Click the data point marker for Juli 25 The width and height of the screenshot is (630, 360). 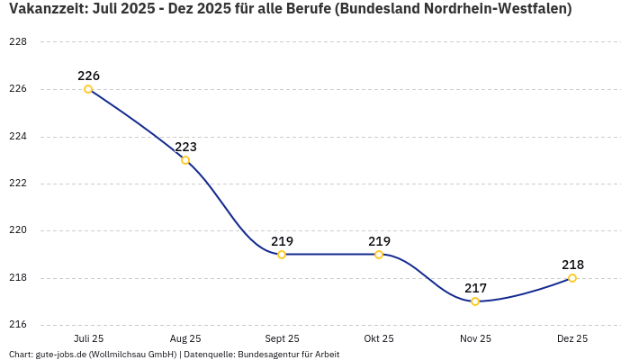coord(88,89)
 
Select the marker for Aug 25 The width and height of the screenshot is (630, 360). coord(185,160)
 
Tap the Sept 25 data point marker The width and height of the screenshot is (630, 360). coord(282,255)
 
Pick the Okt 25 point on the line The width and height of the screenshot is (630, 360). coord(379,255)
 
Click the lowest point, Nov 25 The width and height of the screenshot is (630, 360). coord(475,301)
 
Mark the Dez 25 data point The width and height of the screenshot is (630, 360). coord(572,278)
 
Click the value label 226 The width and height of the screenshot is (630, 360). coord(88,76)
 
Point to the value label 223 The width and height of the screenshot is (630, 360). coord(185,147)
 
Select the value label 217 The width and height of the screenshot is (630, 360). coord(475,288)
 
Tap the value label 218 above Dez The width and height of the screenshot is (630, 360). coord(572,265)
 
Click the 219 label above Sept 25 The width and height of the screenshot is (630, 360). coord(282,241)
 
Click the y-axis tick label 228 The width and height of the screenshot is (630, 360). coord(18,42)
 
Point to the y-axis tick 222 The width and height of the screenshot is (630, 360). coord(18,184)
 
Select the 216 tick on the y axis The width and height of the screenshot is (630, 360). coord(18,325)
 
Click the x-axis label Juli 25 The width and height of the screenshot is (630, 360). coord(88,338)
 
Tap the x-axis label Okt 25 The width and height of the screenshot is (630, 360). coord(379,338)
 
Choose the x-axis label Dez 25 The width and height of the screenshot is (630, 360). coord(572,338)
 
